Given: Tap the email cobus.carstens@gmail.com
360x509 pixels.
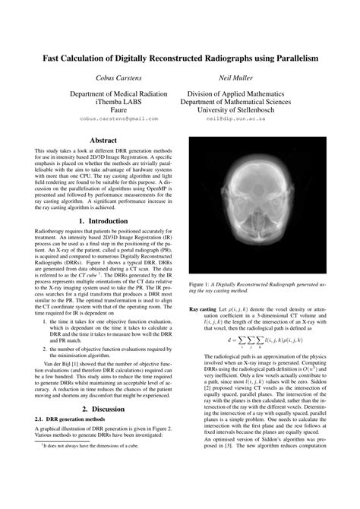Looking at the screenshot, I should click(118, 119).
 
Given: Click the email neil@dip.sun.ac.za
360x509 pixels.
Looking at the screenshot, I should click(240, 119).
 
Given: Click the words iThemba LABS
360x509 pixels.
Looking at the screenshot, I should click(118, 100).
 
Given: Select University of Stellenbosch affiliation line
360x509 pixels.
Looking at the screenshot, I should click(240, 109).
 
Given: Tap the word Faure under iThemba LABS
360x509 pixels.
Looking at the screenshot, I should click(118, 109).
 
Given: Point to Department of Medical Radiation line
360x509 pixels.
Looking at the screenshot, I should click(118, 91).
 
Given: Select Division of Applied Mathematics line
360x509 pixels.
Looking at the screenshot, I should click(240, 91).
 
